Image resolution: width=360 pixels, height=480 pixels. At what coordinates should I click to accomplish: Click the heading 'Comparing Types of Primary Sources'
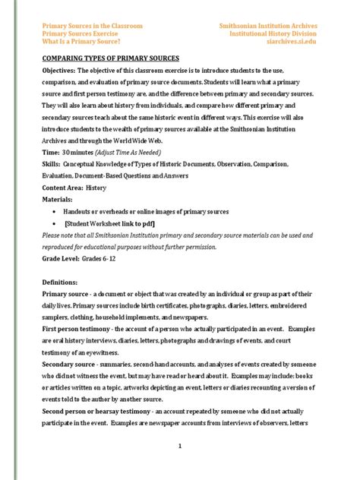[x=110, y=58]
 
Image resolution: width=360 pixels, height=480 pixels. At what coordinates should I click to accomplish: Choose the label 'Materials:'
[x=60, y=199]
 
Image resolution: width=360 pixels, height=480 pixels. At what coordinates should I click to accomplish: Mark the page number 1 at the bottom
[x=179, y=446]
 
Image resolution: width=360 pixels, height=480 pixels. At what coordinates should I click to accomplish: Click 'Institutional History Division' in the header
[x=270, y=34]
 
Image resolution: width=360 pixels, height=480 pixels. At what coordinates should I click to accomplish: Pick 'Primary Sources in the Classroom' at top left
[x=92, y=25]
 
